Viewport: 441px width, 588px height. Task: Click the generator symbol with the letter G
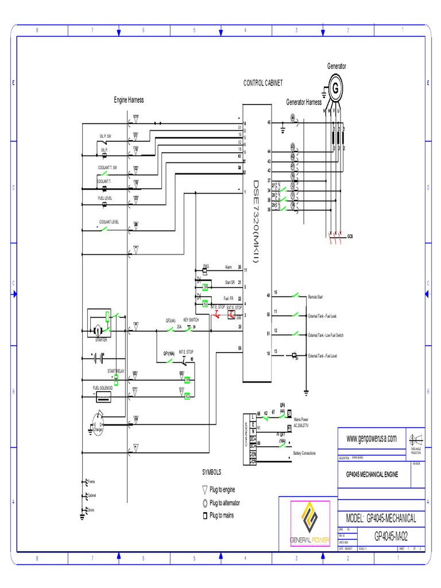(334, 89)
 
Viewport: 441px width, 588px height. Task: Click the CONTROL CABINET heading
(263, 84)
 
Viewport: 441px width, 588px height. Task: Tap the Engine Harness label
(129, 100)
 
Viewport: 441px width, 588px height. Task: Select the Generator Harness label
(304, 102)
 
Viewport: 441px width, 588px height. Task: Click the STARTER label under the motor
(101, 340)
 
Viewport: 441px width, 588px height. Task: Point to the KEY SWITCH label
(191, 320)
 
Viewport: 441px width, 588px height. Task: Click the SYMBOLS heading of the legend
(211, 471)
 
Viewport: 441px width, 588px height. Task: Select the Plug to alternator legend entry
(225, 502)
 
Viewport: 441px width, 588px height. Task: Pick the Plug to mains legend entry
(222, 516)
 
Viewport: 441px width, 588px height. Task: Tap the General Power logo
(310, 524)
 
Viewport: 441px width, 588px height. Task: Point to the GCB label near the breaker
(350, 236)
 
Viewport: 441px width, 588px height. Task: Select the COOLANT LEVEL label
(109, 222)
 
